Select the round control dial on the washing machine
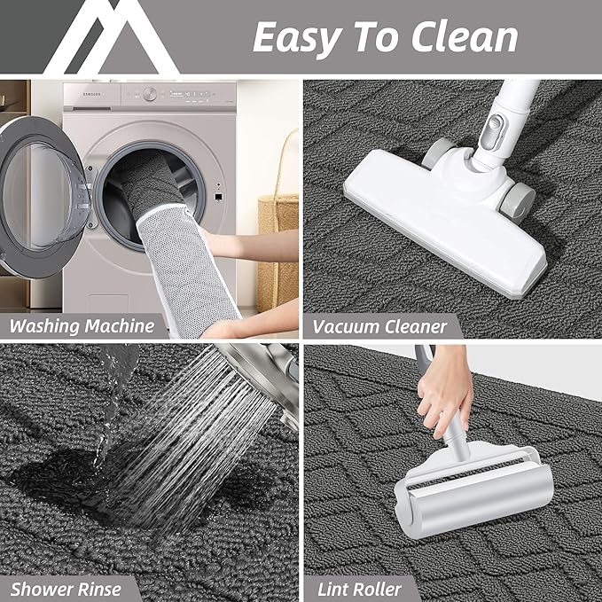pos(151,93)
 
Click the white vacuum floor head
pos(443,213)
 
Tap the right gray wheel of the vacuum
pos(518,199)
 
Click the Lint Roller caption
pos(360,588)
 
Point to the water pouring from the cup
pos(115,399)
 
